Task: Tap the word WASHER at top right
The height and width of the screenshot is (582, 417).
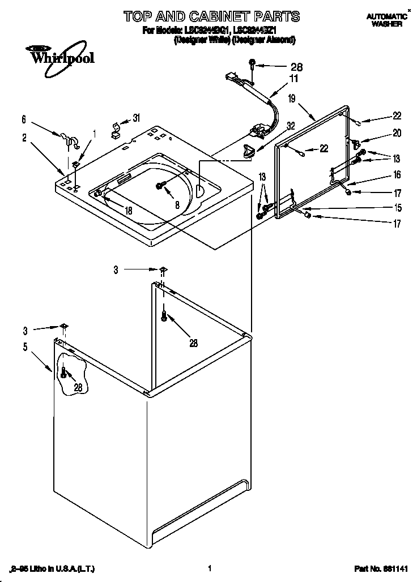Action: (387, 24)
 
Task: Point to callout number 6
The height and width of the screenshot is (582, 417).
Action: (24, 119)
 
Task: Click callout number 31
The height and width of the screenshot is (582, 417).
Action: (136, 118)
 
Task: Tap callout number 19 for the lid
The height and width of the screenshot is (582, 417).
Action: (292, 99)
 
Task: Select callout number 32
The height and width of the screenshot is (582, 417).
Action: (291, 126)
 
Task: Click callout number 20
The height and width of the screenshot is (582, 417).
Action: (397, 134)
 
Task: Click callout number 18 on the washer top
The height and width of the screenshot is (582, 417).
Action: (128, 210)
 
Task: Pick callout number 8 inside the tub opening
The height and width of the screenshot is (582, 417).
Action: (177, 206)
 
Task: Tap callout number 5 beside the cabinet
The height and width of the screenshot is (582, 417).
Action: (25, 347)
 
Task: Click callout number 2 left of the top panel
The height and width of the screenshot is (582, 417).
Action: (24, 137)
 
